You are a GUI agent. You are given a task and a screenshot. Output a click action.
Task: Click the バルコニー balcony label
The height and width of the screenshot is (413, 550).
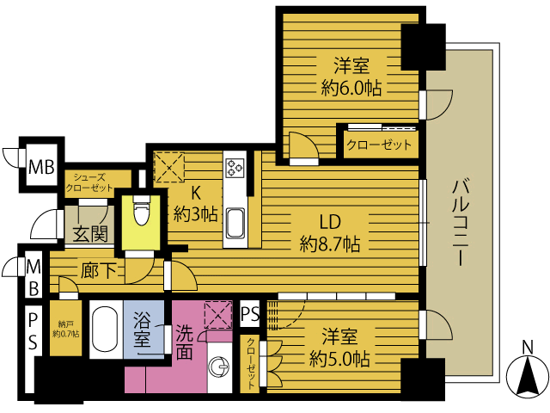tap(461, 223)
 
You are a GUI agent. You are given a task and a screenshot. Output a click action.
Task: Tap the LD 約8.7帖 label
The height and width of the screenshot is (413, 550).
tap(330, 233)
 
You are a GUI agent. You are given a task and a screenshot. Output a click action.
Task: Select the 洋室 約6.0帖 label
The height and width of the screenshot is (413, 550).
tap(351, 77)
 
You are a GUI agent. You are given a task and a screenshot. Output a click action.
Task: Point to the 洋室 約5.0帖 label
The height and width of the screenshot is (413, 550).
tap(339, 348)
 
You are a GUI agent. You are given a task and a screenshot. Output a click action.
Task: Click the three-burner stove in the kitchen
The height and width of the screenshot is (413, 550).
tap(235, 167)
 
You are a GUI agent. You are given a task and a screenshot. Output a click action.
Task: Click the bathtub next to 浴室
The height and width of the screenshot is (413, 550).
tap(105, 329)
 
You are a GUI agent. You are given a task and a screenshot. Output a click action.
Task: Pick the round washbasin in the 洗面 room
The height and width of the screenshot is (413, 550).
tap(219, 368)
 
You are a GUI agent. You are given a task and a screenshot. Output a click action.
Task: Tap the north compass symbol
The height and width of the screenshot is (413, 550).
tap(528, 373)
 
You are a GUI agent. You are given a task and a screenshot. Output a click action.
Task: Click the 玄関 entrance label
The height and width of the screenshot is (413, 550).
tap(90, 233)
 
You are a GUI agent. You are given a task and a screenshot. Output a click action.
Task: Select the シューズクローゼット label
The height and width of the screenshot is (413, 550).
tap(89, 183)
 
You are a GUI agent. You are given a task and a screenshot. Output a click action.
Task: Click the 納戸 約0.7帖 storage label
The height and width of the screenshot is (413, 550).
tap(65, 329)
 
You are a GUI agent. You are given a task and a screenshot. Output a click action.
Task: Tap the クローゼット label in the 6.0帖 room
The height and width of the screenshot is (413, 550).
tap(379, 145)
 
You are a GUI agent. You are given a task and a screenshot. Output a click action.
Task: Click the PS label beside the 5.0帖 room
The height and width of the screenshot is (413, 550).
tap(250, 313)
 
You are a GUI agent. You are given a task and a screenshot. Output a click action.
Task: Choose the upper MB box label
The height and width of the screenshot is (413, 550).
tap(42, 167)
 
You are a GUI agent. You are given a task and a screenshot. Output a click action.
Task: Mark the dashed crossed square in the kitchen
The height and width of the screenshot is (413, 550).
tap(170, 167)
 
